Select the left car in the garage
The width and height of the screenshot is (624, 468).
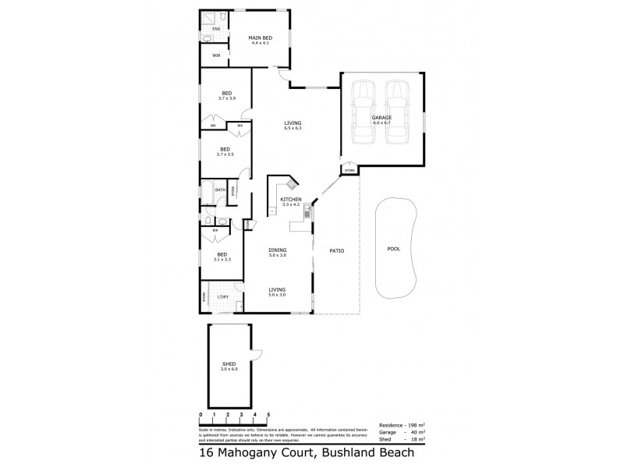pos(363,112)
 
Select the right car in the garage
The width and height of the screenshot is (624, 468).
pos(397,112)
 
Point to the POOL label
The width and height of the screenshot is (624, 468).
pos(393,250)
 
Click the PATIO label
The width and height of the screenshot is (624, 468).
pos(335,250)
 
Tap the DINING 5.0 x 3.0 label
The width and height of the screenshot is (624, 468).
pos(277,252)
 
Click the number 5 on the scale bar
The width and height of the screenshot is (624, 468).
pos(269,414)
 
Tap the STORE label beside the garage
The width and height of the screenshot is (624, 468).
pos(349,170)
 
